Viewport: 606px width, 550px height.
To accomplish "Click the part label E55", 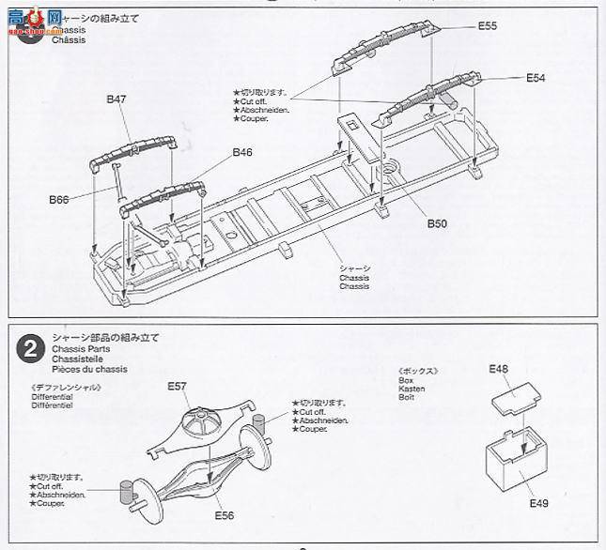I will pyautogui.click(x=487, y=26).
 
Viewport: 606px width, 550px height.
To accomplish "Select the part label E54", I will pyautogui.click(x=536, y=78).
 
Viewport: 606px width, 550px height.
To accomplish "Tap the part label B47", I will pyautogui.click(x=117, y=98).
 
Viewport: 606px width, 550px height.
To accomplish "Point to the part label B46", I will pyautogui.click(x=242, y=151).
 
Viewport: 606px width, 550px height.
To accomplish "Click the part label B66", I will pyautogui.click(x=59, y=199).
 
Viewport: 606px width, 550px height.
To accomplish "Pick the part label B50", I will pyautogui.click(x=437, y=223).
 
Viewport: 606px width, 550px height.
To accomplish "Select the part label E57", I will pyautogui.click(x=178, y=386).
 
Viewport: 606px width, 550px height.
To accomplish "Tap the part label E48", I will pyautogui.click(x=498, y=369).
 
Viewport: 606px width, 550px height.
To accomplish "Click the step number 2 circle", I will pyautogui.click(x=29, y=348).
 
